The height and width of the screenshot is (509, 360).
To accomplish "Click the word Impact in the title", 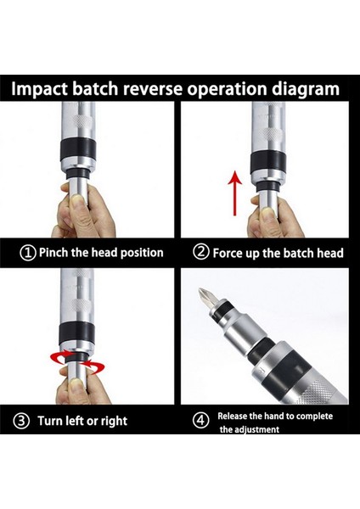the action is [40, 89].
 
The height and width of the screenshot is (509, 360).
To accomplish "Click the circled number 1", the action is [28, 253].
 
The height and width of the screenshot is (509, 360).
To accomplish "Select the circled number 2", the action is [200, 252].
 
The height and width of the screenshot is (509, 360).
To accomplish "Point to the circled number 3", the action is [21, 421].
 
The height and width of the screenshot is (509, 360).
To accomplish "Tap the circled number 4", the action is [200, 421].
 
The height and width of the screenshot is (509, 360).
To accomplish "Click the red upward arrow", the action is [235, 193].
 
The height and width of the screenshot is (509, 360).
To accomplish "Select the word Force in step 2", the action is [227, 253].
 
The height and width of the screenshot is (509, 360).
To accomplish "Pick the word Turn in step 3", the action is [50, 421].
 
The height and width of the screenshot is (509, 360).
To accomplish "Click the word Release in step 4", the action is [230, 417].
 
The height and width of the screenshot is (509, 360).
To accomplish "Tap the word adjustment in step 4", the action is [258, 430].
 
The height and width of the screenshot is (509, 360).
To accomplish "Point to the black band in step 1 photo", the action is [78, 148].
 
